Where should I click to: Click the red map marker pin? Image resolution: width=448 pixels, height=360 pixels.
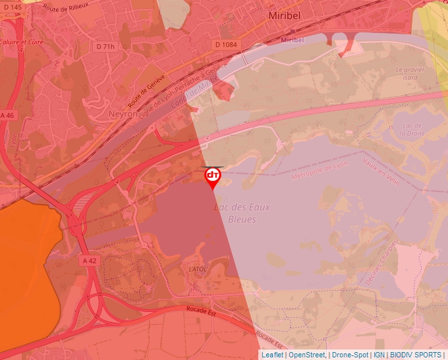pyautogui.click(x=213, y=177)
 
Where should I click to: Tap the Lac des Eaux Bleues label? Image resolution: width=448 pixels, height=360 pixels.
pyautogui.click(x=242, y=213)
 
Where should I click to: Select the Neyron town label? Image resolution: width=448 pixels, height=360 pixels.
pyautogui.click(x=123, y=114)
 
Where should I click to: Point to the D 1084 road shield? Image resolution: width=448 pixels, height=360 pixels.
pyautogui.click(x=225, y=44)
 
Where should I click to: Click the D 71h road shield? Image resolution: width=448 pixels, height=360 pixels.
pyautogui.click(x=105, y=47)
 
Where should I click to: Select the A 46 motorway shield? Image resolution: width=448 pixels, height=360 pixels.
pyautogui.click(x=7, y=115)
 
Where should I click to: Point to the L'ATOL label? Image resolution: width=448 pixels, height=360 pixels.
pyautogui.click(x=198, y=269)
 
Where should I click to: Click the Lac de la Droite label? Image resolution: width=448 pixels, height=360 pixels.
pyautogui.click(x=410, y=128)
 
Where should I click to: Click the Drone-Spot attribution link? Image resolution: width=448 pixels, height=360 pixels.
pyautogui.click(x=350, y=355)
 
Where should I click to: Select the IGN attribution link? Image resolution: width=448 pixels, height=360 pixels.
pyautogui.click(x=379, y=355)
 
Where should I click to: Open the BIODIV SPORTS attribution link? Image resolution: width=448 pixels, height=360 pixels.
pyautogui.click(x=415, y=355)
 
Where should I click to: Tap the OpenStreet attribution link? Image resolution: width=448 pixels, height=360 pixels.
pyautogui.click(x=307, y=355)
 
